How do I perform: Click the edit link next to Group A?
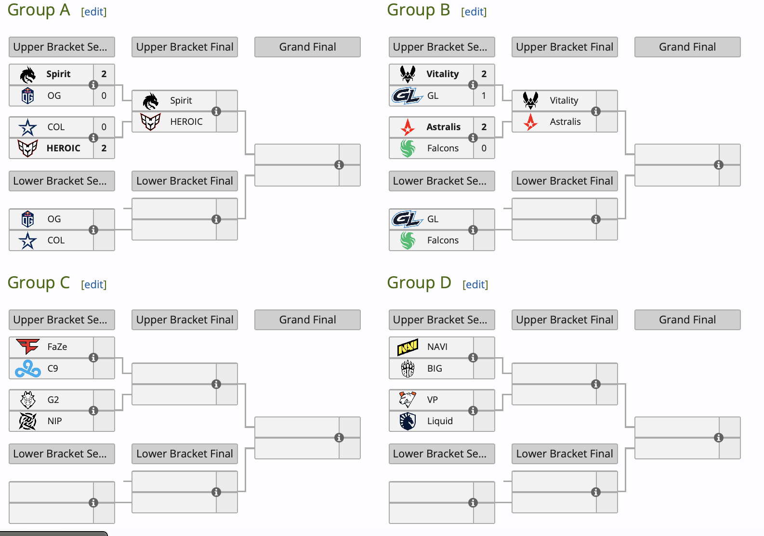click(94, 12)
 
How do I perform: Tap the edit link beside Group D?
click(475, 284)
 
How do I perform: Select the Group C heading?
click(39, 282)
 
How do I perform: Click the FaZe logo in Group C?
click(27, 347)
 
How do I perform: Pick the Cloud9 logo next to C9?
click(27, 368)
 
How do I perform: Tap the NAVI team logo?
click(408, 347)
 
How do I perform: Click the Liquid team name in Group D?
click(440, 421)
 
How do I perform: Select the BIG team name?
click(435, 368)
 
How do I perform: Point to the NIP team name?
click(54, 421)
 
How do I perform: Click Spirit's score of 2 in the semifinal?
click(104, 74)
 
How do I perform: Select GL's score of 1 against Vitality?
click(484, 95)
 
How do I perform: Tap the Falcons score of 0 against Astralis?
click(484, 148)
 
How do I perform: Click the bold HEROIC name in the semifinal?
click(64, 148)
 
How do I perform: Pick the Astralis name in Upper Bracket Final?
click(565, 121)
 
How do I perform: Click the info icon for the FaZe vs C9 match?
click(93, 358)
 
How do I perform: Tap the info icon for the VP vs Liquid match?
click(473, 411)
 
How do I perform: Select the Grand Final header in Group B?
click(687, 47)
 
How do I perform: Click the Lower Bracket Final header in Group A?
click(184, 181)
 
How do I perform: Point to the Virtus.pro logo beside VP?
click(408, 400)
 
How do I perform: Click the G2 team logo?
click(27, 400)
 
